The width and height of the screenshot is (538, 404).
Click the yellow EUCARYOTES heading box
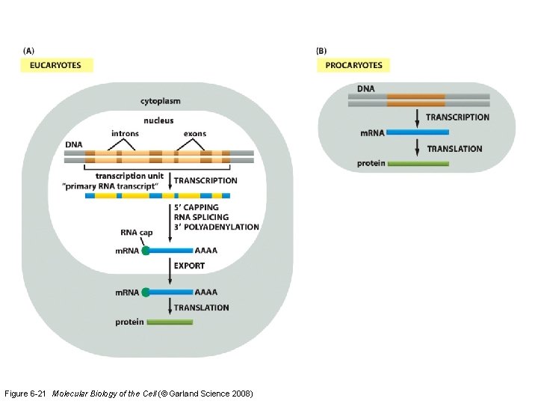56,65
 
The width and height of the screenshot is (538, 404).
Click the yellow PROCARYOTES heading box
353,65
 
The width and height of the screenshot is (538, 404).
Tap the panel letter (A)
28,51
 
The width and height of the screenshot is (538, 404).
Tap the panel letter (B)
321,51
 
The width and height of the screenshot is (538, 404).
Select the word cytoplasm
161,101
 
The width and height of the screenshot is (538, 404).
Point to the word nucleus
158,120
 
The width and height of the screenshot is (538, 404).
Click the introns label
125,134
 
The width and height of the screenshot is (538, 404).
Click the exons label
196,134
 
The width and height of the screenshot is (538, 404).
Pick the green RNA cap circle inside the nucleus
146,251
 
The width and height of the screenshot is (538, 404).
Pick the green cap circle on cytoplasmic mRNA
146,293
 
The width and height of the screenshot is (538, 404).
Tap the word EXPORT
189,266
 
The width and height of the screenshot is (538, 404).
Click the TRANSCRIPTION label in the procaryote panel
457,117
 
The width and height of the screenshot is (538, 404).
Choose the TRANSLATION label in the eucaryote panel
202,307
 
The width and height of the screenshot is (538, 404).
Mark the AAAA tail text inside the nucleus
206,251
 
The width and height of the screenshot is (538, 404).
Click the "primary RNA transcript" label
124,185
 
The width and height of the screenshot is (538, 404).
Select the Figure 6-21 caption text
129,394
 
